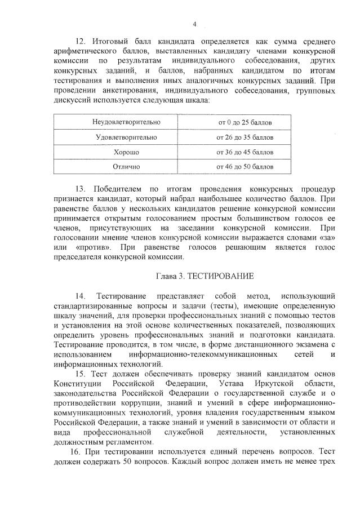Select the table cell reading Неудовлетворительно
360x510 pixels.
point(126,122)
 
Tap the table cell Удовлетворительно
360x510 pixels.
point(126,137)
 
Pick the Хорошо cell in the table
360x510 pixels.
point(126,152)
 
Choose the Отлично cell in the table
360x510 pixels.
point(126,167)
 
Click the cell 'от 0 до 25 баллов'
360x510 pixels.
point(245,122)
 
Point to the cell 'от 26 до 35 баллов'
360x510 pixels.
point(245,137)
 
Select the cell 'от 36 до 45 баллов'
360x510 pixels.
point(245,152)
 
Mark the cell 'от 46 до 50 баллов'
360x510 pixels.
point(245,167)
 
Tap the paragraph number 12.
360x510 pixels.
point(79,42)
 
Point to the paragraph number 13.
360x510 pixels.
point(79,188)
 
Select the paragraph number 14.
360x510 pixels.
point(79,296)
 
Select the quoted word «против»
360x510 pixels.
point(92,247)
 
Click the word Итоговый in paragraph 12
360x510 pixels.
point(109,42)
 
